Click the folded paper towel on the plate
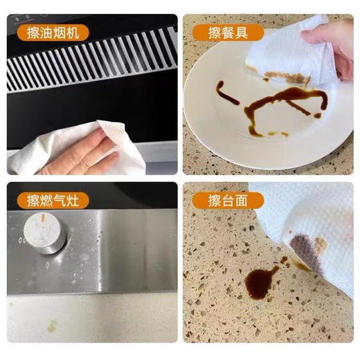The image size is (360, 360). (x=284, y=55)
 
